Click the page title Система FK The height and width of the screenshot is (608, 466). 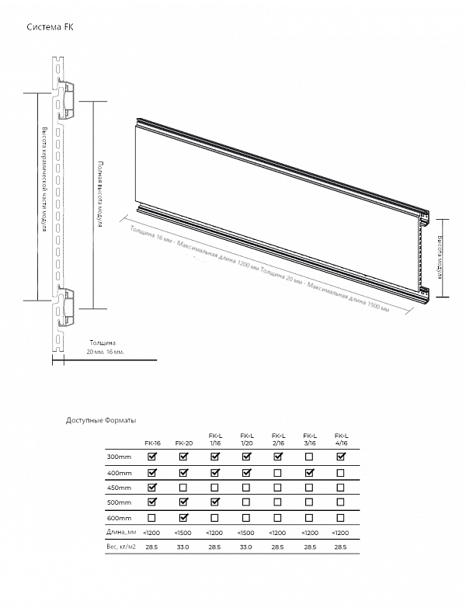[50, 27]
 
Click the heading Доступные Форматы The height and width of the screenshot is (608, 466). [101, 420]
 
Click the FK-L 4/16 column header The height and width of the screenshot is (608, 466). [340, 439]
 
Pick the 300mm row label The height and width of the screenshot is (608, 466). [119, 457]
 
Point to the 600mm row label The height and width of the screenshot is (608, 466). [119, 518]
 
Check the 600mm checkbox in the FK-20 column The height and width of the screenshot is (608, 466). [183, 518]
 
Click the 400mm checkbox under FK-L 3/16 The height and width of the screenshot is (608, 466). [309, 472]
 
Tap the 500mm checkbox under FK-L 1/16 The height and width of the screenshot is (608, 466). [214, 502]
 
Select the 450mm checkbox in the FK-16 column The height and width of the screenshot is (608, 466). [152, 488]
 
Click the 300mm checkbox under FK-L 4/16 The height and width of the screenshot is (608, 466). [340, 457]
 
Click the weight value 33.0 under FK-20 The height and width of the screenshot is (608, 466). [183, 547]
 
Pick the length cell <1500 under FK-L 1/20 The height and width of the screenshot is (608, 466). [246, 533]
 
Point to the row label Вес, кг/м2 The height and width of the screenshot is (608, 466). [122, 547]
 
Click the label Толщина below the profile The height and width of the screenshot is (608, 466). [102, 342]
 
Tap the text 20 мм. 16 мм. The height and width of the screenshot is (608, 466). [105, 352]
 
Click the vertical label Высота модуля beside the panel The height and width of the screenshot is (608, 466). [440, 257]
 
